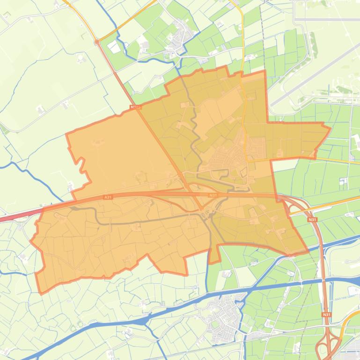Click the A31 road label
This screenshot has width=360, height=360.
[108, 197]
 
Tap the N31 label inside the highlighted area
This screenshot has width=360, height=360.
[213, 195]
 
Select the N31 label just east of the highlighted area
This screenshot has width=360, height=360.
[312, 219]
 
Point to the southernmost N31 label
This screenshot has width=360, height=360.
[326, 315]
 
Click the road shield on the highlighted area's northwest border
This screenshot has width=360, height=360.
[136, 107]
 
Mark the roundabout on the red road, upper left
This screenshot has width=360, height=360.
[97, 42]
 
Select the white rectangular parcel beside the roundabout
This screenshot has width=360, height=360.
[113, 47]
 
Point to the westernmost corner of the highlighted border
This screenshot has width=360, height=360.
[31, 242]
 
